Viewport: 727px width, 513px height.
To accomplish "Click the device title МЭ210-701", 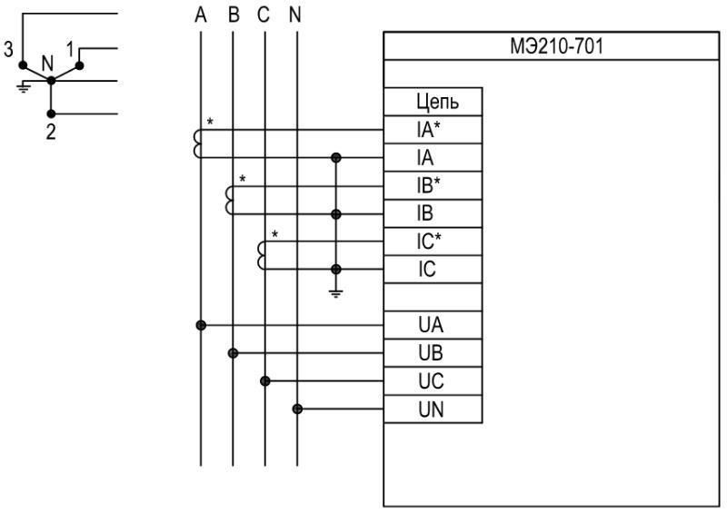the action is pos(556,46).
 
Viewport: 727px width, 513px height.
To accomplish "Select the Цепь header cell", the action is pos(433,102).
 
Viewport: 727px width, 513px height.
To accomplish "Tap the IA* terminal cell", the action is pos(433,130).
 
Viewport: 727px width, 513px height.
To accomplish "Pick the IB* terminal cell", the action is pos(433,186).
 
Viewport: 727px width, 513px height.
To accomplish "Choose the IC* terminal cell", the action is pos(433,242).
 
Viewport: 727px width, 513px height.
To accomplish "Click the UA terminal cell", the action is pos(433,325).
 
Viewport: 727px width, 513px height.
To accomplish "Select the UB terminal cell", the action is pos(433,353).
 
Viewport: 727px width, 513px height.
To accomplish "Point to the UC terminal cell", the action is pos(433,381).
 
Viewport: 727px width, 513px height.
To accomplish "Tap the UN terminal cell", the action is pos(433,409).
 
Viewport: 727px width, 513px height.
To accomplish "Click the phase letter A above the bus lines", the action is pos(200,15).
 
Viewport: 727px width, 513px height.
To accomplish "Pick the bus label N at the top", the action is pos(294,15).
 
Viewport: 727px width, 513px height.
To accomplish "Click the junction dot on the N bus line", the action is pos(297,409).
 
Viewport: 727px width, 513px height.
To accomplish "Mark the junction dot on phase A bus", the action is pos(201,325).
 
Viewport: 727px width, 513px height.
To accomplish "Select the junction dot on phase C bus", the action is pos(264,381).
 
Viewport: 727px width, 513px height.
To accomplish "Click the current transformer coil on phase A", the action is pos(196,143).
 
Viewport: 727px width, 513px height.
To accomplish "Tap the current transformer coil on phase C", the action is pos(261,255).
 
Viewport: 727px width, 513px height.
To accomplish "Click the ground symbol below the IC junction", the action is pos(335,293).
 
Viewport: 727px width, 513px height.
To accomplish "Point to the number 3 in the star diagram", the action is pos(8,49).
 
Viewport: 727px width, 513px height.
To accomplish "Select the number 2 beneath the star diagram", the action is pos(51,132).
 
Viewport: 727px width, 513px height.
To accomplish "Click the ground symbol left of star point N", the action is pos(24,87).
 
